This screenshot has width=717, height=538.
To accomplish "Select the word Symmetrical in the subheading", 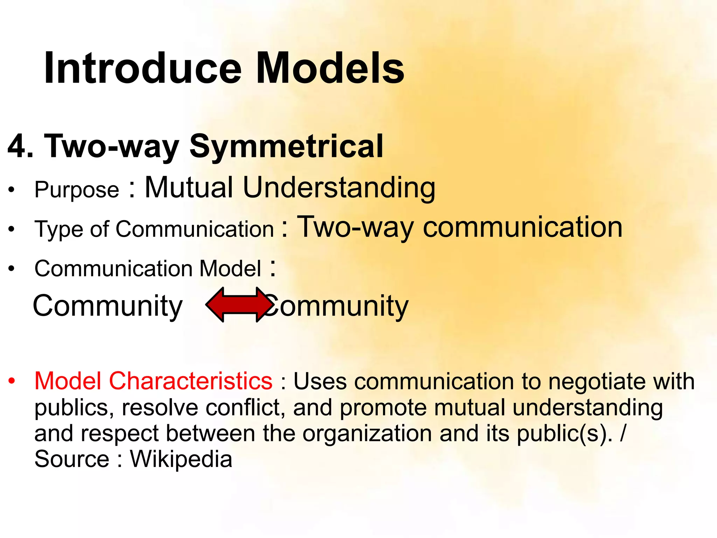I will (286, 147).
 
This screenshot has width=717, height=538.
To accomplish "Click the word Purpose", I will (77, 190).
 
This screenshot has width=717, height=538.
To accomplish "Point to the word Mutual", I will (189, 187).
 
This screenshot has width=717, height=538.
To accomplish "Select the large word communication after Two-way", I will (523, 227).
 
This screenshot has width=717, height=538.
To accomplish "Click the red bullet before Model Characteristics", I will (12, 381).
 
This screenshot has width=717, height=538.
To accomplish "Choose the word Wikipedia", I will (181, 459).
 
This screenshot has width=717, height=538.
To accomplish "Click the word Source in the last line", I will (72, 459).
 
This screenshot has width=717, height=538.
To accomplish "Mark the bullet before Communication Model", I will (12, 269).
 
